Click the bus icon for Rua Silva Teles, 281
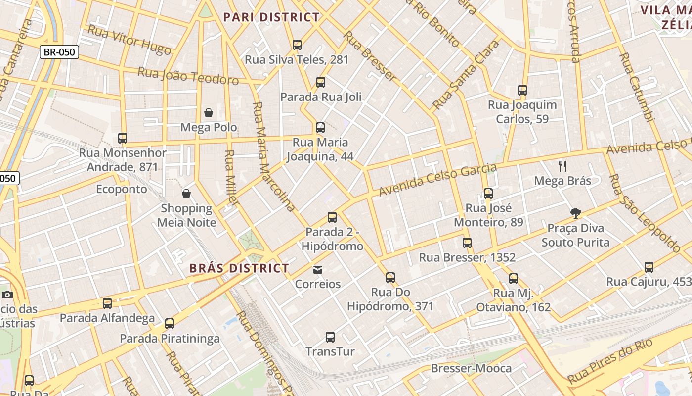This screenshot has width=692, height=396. click(297, 45)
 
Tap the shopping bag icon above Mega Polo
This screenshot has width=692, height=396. click(209, 113)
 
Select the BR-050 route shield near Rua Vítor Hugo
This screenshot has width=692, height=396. click(59, 51)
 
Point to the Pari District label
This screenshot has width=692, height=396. click(271, 17)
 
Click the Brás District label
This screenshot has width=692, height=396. click(239, 268)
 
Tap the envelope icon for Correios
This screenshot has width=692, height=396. click(318, 270)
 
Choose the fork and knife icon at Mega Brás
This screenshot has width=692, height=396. click(562, 166)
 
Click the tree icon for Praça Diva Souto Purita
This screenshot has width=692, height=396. click(575, 214)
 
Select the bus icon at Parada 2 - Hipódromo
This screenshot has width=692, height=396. click(332, 217)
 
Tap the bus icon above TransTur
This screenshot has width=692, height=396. click(330, 337)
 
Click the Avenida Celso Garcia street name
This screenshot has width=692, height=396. click(437, 179)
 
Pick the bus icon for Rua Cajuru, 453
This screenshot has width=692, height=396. click(649, 267)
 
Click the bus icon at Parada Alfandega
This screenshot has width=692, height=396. click(107, 303)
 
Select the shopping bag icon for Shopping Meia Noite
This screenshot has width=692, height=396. click(186, 194)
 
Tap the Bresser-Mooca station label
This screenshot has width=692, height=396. click(471, 368)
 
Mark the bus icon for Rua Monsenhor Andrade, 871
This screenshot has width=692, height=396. click(123, 138)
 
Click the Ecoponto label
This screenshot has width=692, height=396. click(122, 189)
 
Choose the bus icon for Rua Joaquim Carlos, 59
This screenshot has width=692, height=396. click(522, 90)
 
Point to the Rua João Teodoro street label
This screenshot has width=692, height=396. click(188, 76)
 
